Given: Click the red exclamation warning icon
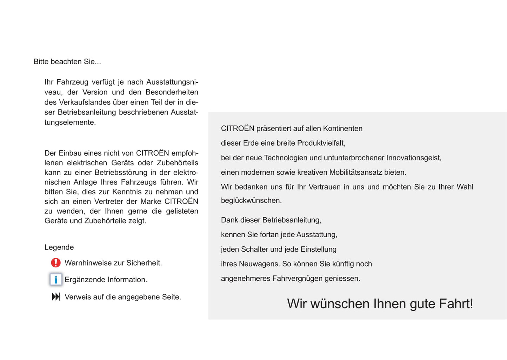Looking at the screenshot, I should click(x=56, y=263).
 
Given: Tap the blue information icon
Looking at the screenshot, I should click(x=56, y=280).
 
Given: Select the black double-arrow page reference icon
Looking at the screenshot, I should click(x=56, y=297).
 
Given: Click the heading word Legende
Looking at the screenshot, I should click(x=59, y=247).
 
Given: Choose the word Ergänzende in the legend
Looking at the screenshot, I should click(x=85, y=280).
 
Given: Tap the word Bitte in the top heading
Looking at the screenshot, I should click(x=41, y=62).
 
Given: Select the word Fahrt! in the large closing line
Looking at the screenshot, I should click(x=456, y=304).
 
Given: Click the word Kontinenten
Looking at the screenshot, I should click(x=342, y=128).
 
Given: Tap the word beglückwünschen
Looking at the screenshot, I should click(x=251, y=201).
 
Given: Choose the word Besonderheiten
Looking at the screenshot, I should click(x=172, y=92).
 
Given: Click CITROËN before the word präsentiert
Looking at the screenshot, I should click(x=238, y=128).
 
